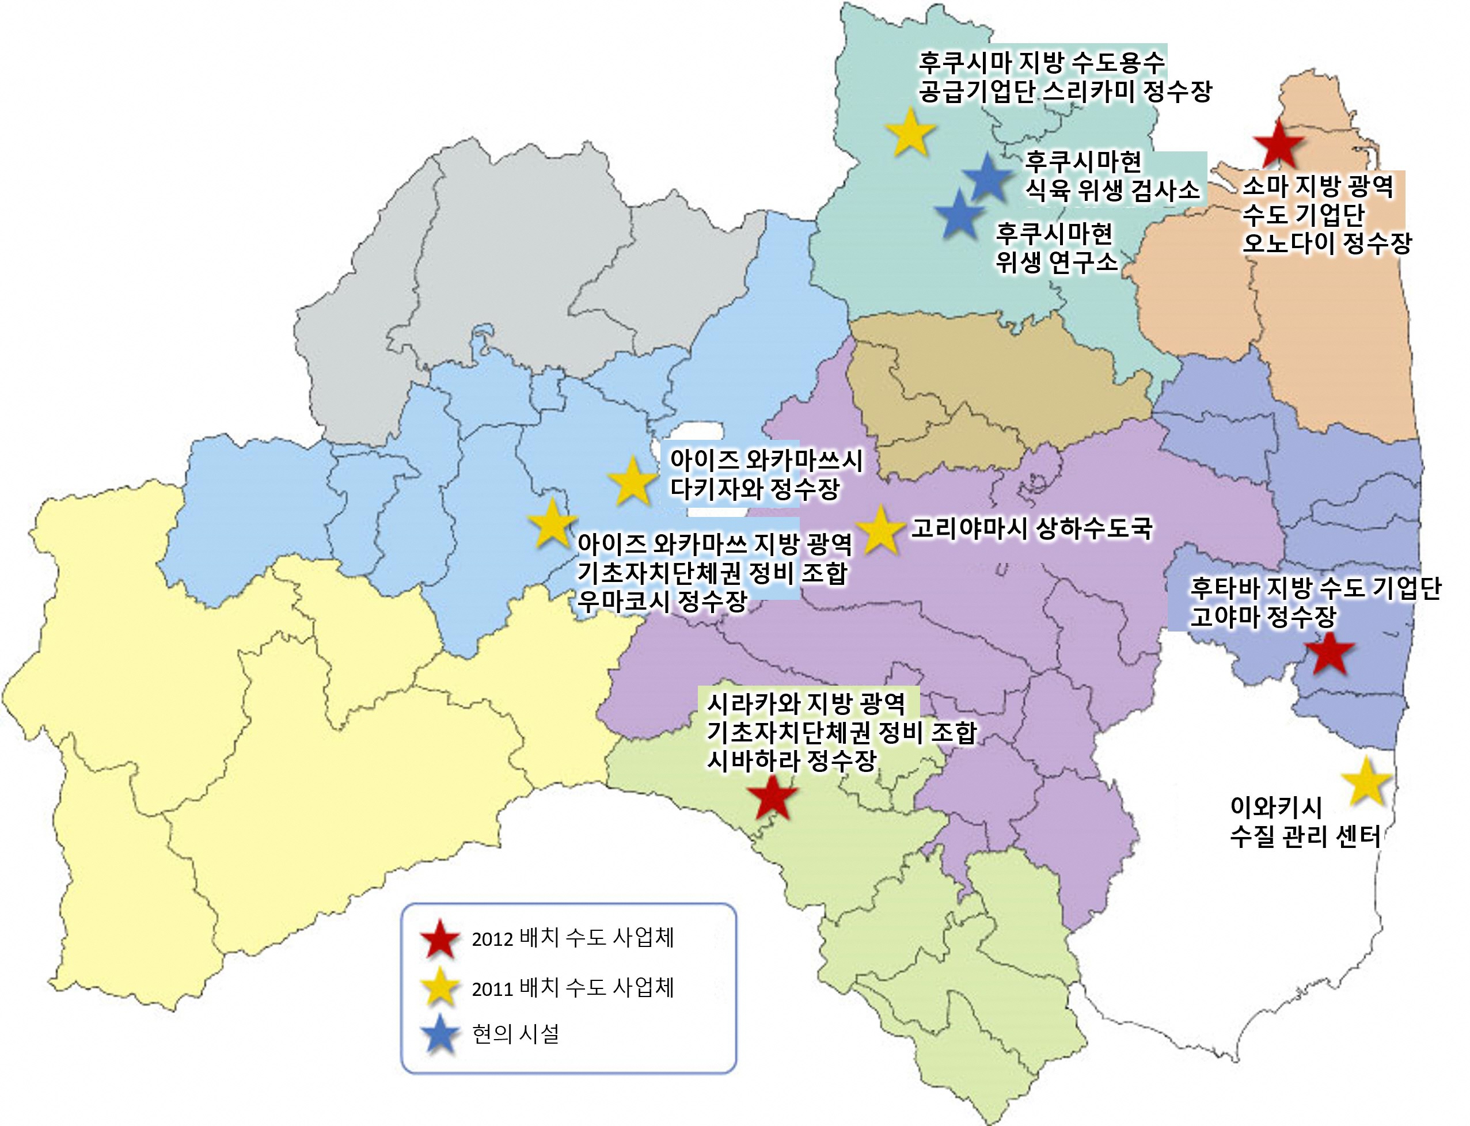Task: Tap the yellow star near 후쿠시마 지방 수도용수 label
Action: tap(910, 134)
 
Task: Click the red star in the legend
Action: tap(440, 939)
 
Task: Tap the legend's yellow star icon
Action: tap(440, 987)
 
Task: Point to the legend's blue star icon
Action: tap(440, 1034)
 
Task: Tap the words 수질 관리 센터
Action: tap(1304, 837)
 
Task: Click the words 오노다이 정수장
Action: tap(1327, 244)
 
